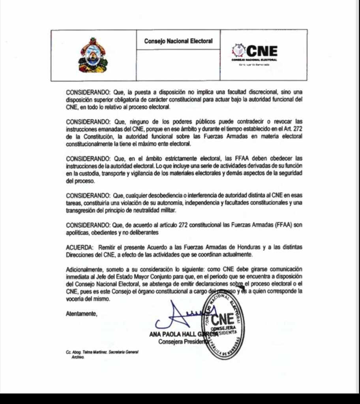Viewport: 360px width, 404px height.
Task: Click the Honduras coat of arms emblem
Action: point(92,55)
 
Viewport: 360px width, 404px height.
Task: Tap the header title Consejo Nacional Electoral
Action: point(178,41)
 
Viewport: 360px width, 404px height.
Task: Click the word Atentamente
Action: point(81,314)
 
